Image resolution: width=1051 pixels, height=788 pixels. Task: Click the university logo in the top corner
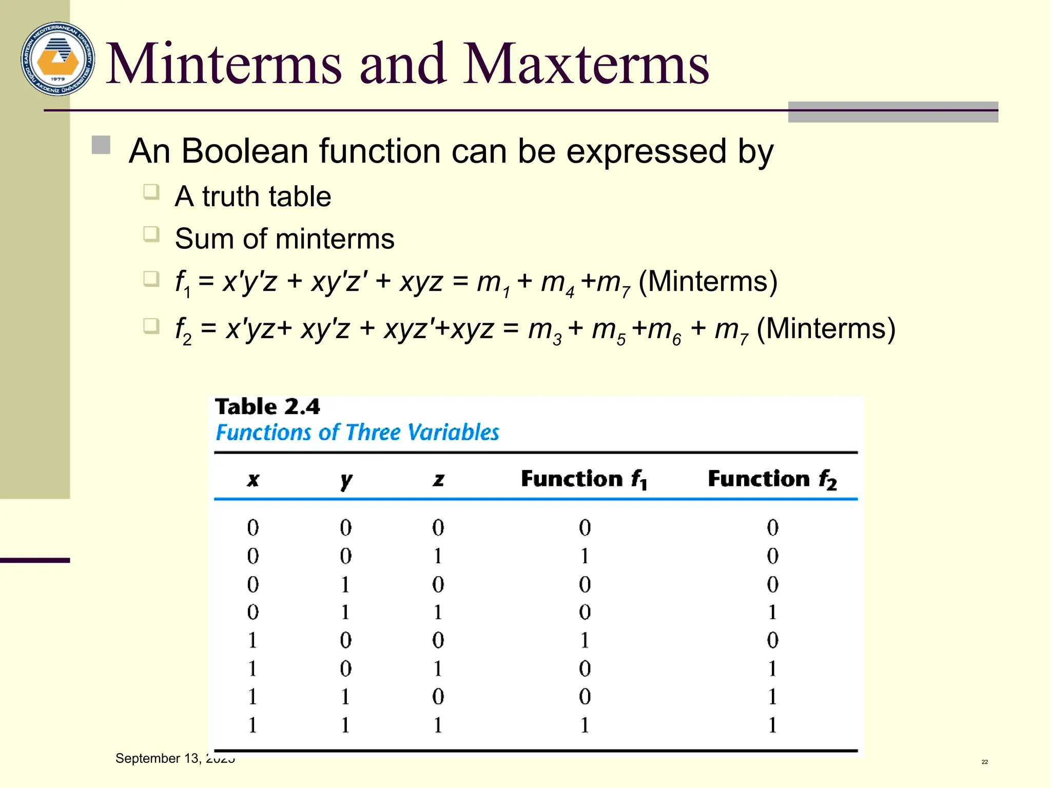coord(58,59)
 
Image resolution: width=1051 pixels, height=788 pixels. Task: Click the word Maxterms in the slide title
coord(586,64)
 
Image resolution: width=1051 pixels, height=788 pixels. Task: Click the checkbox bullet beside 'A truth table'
coord(151,192)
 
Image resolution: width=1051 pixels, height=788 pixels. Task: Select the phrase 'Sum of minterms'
coord(284,239)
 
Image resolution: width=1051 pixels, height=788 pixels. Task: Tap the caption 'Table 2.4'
coord(267,407)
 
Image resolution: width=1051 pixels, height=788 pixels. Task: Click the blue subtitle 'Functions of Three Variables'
coord(357,432)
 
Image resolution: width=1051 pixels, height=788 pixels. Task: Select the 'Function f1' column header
coord(584,479)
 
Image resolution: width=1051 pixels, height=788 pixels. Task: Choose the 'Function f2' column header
coord(772,479)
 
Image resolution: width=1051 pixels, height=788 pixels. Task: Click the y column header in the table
coord(346,480)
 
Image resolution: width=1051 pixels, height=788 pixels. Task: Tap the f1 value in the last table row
coord(585,725)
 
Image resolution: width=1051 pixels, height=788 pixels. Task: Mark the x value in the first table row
coord(253,528)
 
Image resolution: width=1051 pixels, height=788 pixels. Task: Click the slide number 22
coord(984,762)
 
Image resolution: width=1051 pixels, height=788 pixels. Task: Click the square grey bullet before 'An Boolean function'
coord(101,145)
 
